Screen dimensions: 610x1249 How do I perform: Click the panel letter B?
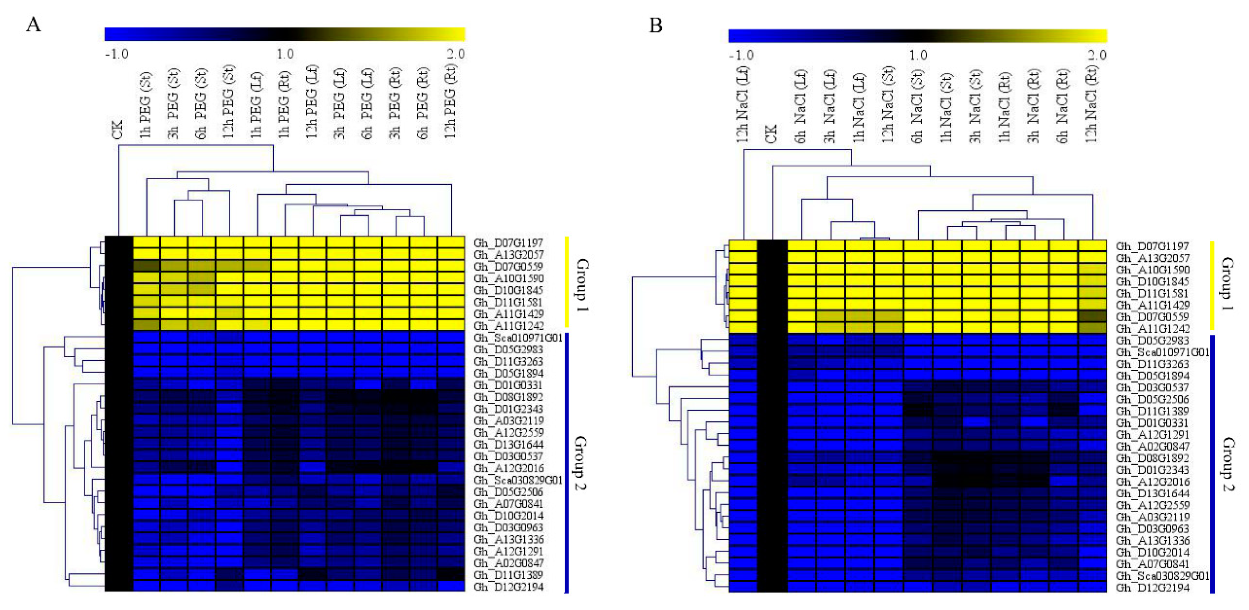pyautogui.click(x=656, y=25)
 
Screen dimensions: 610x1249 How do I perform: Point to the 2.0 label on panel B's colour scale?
pyautogui.click(x=1097, y=55)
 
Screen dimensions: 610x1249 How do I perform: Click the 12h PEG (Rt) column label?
pyautogui.click(x=451, y=102)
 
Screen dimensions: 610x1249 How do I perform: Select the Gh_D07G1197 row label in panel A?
pyautogui.click(x=508, y=242)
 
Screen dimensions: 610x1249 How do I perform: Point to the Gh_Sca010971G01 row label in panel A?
pyautogui.click(x=518, y=338)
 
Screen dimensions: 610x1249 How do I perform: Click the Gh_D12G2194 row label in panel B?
pyautogui.click(x=1152, y=588)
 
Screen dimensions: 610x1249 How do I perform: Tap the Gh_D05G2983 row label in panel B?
pyautogui.click(x=1152, y=340)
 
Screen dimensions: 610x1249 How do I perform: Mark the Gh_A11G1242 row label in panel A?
pyautogui.click(x=508, y=326)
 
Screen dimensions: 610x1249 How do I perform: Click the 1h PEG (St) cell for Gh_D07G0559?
pyautogui.click(x=147, y=266)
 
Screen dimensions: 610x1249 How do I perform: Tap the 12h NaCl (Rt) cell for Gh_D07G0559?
pyautogui.click(x=1093, y=317)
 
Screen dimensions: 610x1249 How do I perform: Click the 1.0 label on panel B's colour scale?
pyautogui.click(x=918, y=55)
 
